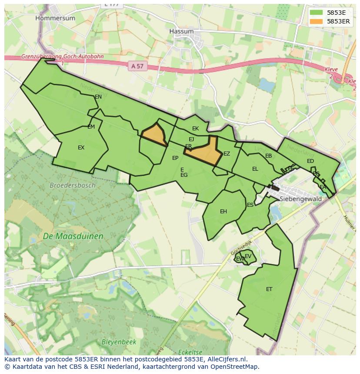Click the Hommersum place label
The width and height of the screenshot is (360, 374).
(55, 18)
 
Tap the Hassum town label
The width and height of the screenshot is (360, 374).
(181, 32)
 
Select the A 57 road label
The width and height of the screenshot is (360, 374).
(137, 66)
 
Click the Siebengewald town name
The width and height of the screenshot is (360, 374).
(300, 199)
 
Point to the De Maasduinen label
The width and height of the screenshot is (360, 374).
(73, 237)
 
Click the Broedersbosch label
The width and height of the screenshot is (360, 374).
(72, 185)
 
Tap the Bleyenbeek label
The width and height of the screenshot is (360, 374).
(119, 342)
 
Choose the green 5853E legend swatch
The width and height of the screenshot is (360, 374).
(316, 13)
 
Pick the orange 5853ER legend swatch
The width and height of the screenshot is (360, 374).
(316, 21)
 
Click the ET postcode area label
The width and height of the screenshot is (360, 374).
(269, 289)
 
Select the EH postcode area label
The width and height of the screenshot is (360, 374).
(223, 212)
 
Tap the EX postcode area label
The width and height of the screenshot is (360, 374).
(81, 148)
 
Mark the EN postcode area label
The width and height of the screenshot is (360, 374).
(98, 97)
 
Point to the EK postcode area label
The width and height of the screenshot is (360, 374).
(195, 129)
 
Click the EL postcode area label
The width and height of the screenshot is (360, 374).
(255, 169)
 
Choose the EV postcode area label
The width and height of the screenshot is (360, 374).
(248, 256)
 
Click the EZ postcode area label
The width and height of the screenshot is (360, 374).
(227, 154)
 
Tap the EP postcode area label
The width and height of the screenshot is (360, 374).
(175, 158)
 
